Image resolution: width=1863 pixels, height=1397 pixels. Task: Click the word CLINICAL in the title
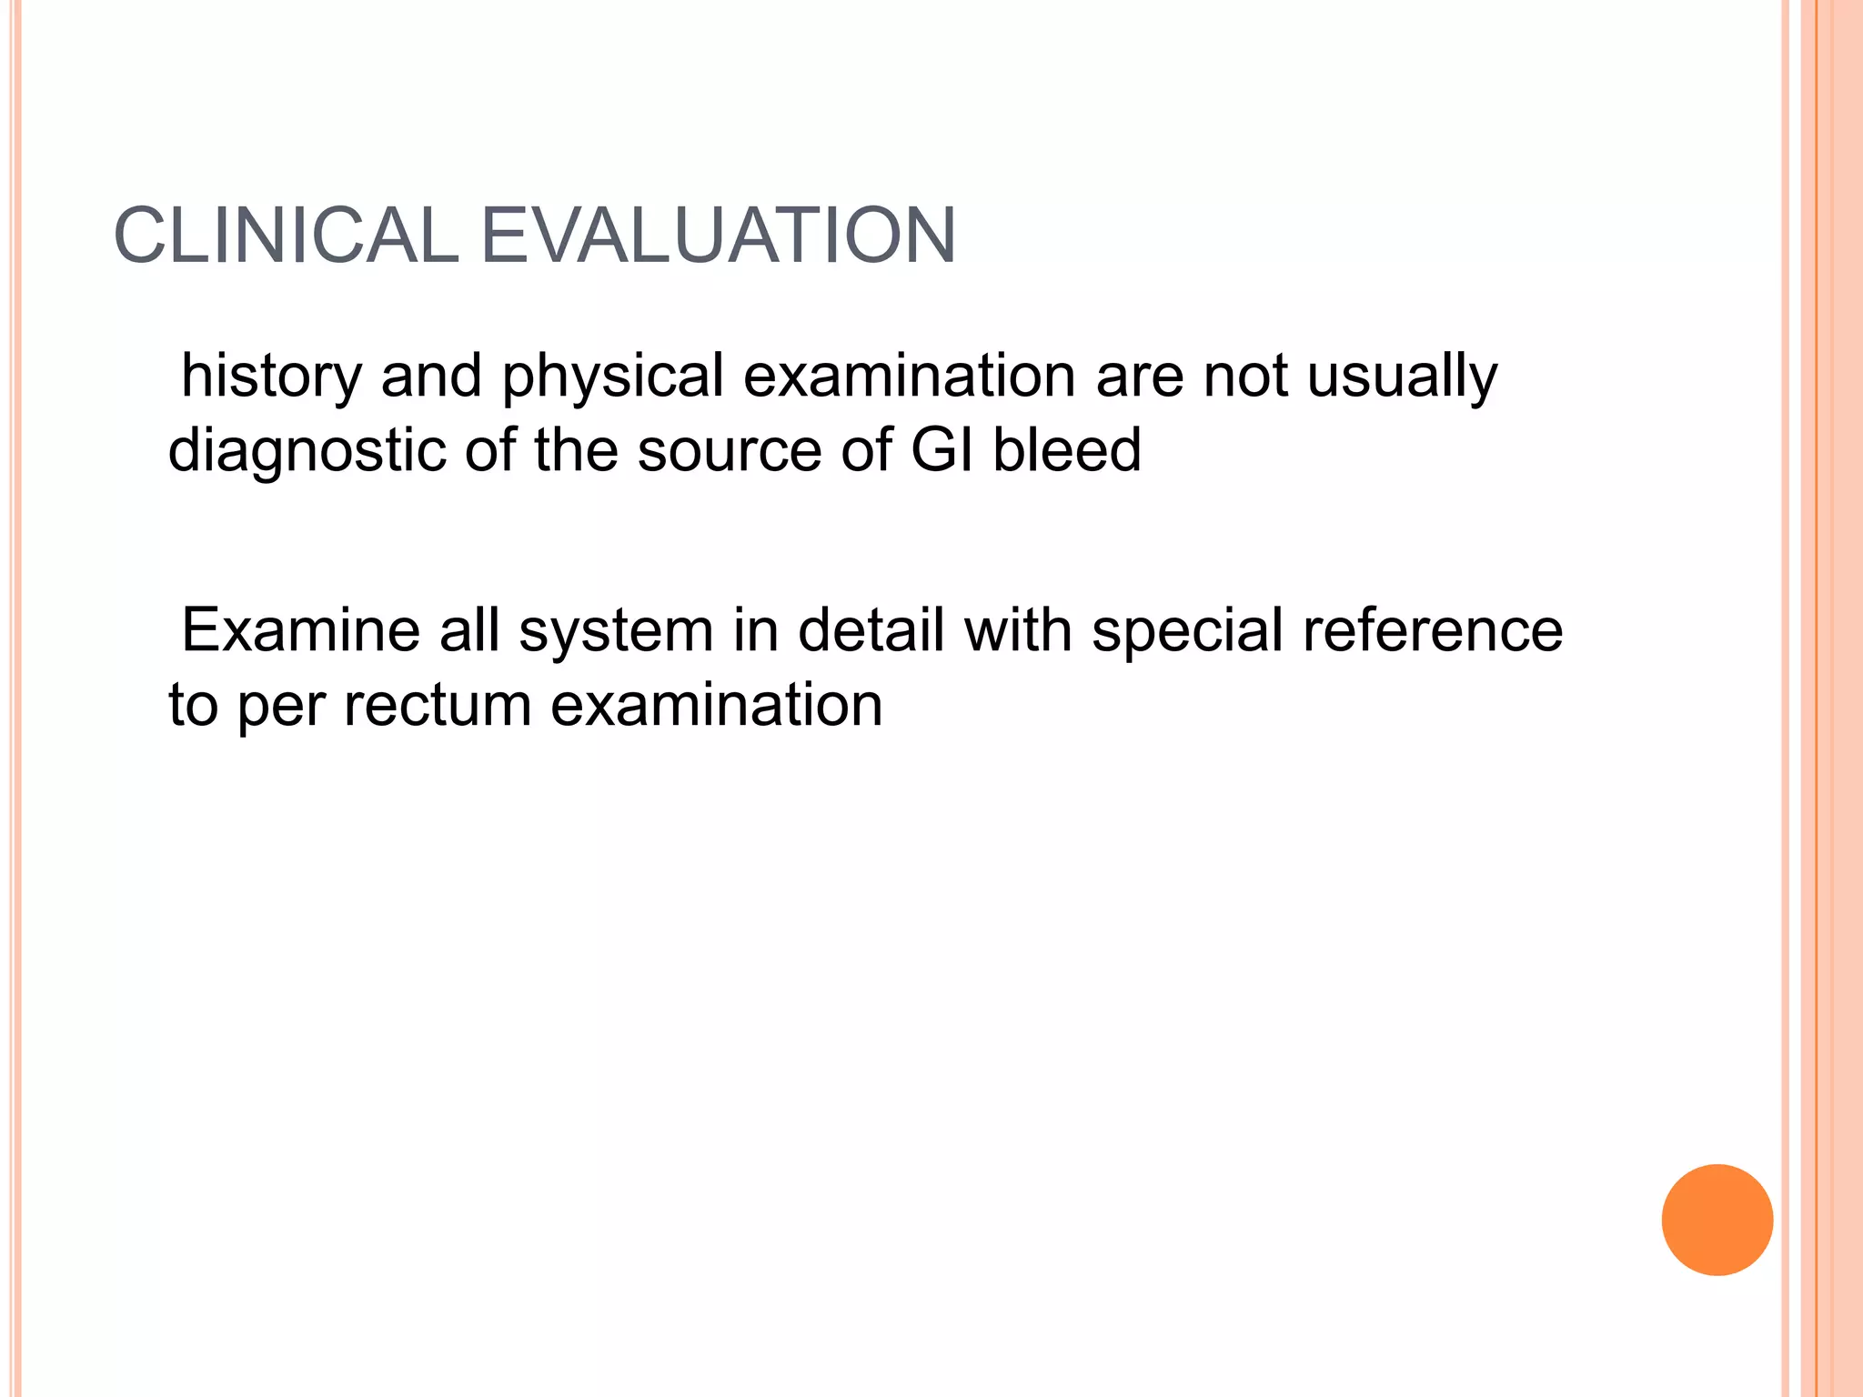coord(286,236)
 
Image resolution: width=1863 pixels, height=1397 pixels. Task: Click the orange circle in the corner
coord(1717,1220)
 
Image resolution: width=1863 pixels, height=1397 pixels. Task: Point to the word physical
coord(612,377)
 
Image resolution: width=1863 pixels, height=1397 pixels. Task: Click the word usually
coord(1402,377)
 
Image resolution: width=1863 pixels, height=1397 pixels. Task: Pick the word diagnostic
coord(307,451)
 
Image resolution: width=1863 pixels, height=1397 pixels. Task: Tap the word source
coord(730,451)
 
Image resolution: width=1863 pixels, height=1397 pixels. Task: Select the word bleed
coord(1066,451)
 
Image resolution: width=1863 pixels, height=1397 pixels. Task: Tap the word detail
coord(871,630)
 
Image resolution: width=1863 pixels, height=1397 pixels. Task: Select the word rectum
coord(438,706)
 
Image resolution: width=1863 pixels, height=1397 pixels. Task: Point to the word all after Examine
coord(470,630)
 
